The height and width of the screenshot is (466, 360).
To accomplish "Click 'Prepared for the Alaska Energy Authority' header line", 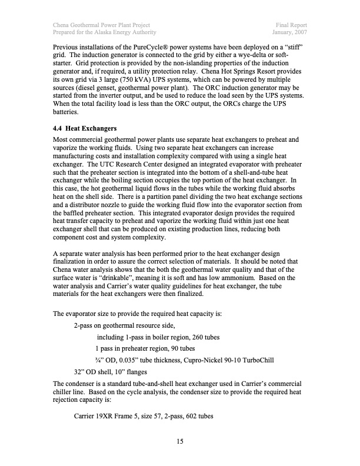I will point(104,32).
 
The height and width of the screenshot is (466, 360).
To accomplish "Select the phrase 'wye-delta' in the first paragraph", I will point(260,56).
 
